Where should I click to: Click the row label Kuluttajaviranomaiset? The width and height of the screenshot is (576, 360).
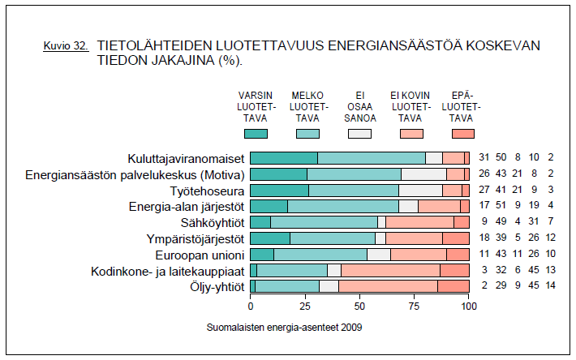186,158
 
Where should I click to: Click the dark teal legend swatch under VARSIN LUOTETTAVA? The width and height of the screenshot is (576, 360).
256,133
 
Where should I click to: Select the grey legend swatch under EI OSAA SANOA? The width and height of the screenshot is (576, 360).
359,133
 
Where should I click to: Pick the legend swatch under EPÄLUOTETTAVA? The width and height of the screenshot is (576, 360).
462,133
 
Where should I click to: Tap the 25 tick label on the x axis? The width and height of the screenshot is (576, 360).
305,307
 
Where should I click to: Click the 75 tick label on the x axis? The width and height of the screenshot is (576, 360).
415,307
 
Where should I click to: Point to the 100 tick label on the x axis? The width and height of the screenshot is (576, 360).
468,307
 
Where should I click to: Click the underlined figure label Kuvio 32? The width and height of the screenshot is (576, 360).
65,47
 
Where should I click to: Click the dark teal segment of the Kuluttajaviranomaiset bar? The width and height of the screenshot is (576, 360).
283,158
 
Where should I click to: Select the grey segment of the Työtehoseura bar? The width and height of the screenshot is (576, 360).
420,190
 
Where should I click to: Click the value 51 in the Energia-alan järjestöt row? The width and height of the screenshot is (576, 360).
501,206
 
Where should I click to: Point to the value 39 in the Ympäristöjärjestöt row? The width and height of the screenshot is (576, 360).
501,238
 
